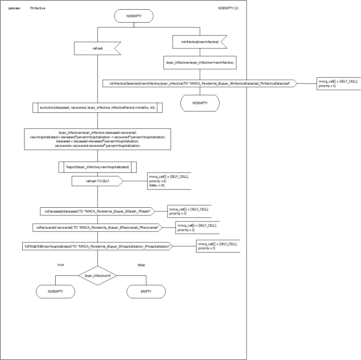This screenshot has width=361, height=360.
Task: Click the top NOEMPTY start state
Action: click(134, 16)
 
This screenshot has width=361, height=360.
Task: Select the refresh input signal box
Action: click(98, 48)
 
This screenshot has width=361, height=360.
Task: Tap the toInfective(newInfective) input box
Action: click(200, 42)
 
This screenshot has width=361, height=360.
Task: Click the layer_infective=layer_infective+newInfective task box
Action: click(200, 63)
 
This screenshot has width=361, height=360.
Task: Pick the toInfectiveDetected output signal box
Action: click(200, 84)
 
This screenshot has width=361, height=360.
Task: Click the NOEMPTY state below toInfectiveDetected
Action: click(200, 103)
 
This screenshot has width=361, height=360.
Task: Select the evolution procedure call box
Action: click(98, 108)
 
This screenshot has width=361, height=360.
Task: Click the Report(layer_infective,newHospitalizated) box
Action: click(98, 167)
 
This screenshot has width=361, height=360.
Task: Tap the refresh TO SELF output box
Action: click(98, 181)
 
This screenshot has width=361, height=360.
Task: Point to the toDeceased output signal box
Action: click(98, 211)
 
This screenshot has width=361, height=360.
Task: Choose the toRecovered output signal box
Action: click(98, 228)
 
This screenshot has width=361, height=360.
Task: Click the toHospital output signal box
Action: click(97, 246)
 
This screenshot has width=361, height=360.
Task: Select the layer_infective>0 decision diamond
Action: click(98, 275)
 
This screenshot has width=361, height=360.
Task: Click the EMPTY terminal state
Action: click(146, 292)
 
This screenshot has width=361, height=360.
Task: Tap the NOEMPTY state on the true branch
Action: click(55, 292)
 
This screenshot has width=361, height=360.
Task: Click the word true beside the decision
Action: click(60, 265)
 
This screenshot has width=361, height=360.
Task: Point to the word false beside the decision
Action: click(141, 265)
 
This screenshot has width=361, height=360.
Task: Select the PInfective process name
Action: click(38, 8)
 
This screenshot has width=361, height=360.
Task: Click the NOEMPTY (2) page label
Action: click(228, 8)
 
